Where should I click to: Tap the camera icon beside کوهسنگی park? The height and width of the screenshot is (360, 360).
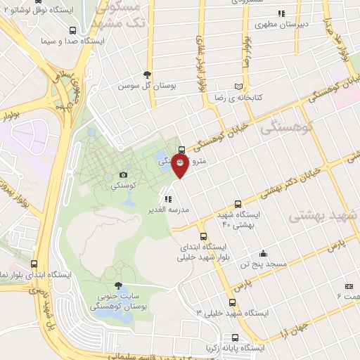[x=124, y=174]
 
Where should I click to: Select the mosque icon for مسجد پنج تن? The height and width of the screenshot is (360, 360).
[x=263, y=253]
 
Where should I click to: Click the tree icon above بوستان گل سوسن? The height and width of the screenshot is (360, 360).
[x=147, y=73]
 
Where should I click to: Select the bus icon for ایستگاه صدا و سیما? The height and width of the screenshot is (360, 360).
[x=74, y=31]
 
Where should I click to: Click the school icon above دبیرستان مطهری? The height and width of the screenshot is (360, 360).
[x=281, y=13]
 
